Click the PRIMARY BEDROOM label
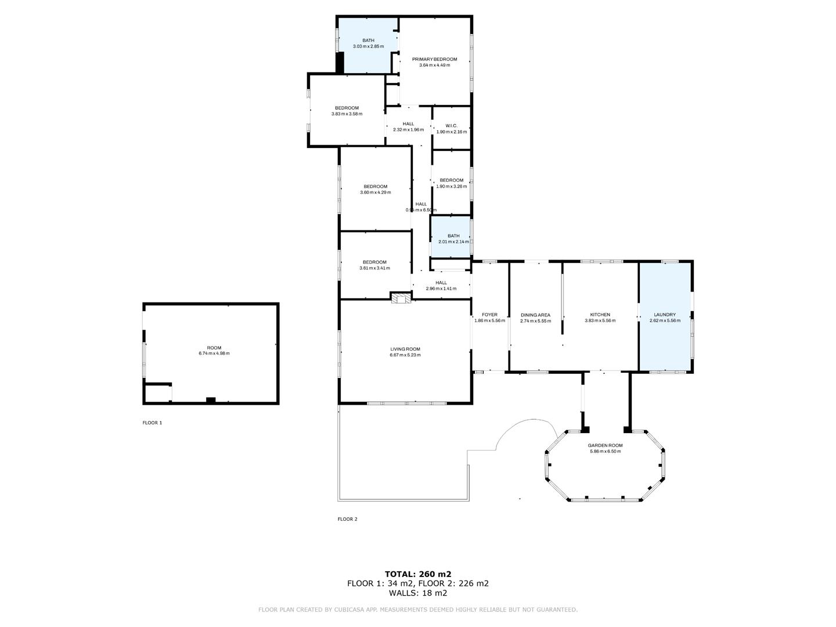(434, 59)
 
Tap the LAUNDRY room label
(665, 315)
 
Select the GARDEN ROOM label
(606, 445)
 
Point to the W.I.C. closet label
(451, 126)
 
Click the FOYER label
(489, 315)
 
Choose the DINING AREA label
(535, 315)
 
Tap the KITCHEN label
(600, 315)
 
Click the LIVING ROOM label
(405, 349)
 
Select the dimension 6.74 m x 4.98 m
(214, 354)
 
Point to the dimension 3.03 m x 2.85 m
(368, 46)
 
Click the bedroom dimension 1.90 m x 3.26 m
(451, 186)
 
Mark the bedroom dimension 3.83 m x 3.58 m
(347, 114)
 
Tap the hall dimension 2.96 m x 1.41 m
(441, 289)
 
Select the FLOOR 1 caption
(152, 423)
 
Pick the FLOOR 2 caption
(347, 519)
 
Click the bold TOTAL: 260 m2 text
(417, 574)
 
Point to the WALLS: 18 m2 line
(417, 593)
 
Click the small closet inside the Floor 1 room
(157, 394)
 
